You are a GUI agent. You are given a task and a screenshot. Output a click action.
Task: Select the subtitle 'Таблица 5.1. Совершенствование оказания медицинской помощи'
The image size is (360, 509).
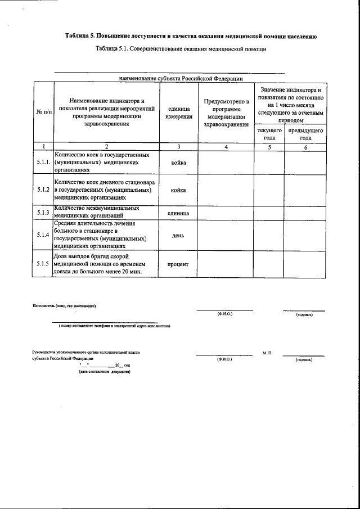(x=181, y=49)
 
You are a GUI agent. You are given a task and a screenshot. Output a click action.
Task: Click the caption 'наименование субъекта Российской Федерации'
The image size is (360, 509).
(x=181, y=78)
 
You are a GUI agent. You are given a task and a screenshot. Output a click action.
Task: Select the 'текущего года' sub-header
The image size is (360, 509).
(x=269, y=134)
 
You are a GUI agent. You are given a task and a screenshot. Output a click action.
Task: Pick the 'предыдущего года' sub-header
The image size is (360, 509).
(x=305, y=134)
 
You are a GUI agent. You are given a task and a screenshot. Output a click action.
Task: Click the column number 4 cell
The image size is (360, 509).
(x=226, y=147)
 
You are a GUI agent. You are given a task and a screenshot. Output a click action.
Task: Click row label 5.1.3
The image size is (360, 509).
(x=43, y=212)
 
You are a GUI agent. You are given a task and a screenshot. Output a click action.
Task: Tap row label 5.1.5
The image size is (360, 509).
(x=43, y=263)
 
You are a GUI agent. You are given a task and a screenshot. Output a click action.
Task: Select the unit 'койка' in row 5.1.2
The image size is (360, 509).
(x=178, y=190)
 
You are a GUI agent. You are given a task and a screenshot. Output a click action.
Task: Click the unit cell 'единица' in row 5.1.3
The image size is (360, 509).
(x=178, y=213)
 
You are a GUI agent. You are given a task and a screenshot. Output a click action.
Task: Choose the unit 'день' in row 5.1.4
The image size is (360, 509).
(x=178, y=235)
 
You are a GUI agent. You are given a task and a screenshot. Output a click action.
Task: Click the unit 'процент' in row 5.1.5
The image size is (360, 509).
(x=178, y=263)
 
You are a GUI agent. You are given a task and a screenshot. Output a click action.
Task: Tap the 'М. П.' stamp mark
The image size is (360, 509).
(x=267, y=353)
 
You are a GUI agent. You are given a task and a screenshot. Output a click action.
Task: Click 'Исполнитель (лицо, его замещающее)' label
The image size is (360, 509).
(x=64, y=306)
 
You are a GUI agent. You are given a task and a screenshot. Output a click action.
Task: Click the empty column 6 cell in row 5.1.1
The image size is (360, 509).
(x=305, y=162)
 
